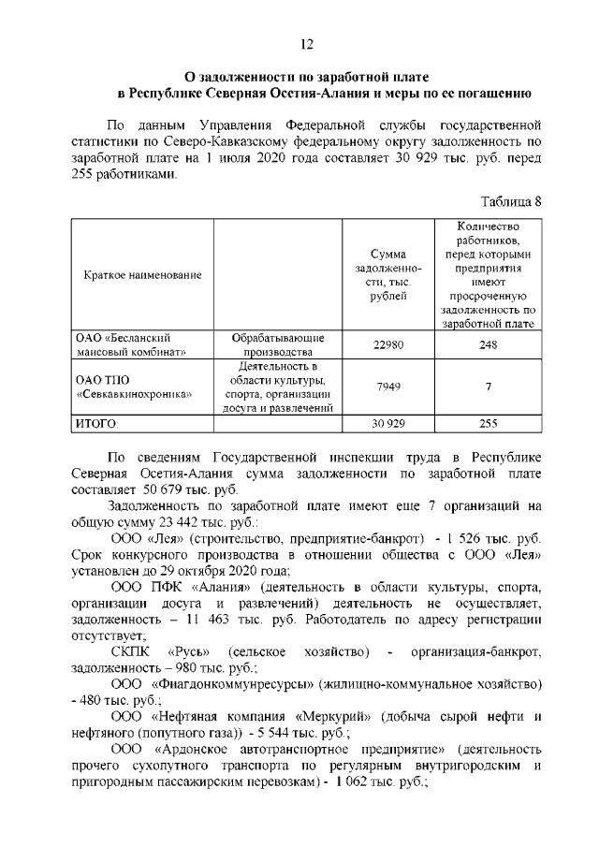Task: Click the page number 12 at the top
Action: (x=305, y=44)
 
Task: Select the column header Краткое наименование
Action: (x=142, y=274)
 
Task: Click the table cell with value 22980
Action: (x=387, y=344)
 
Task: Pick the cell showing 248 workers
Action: (x=489, y=344)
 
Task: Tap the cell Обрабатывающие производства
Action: (x=278, y=344)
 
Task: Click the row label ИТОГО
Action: (x=95, y=423)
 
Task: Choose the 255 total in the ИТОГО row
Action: (x=489, y=423)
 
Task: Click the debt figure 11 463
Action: (x=234, y=621)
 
